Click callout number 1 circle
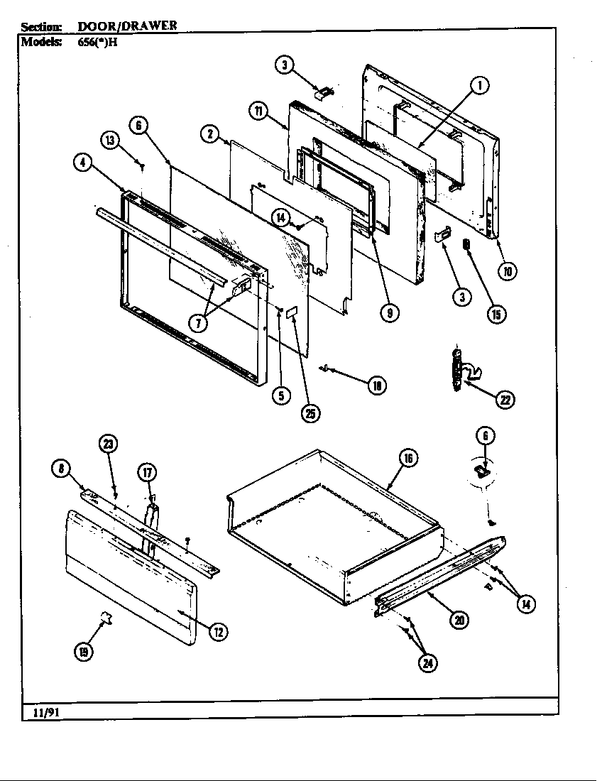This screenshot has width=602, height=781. click(x=481, y=87)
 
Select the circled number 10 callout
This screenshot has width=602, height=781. click(x=508, y=270)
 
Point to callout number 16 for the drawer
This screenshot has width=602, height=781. click(x=409, y=459)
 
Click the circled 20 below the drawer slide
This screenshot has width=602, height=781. click(x=459, y=619)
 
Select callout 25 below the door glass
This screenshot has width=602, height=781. click(x=310, y=414)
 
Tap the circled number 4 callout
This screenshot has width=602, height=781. click(x=83, y=161)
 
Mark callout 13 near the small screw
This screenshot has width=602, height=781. click(x=110, y=140)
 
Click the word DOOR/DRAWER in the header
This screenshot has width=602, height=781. click(x=127, y=26)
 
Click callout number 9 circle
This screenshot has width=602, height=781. click(x=389, y=313)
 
